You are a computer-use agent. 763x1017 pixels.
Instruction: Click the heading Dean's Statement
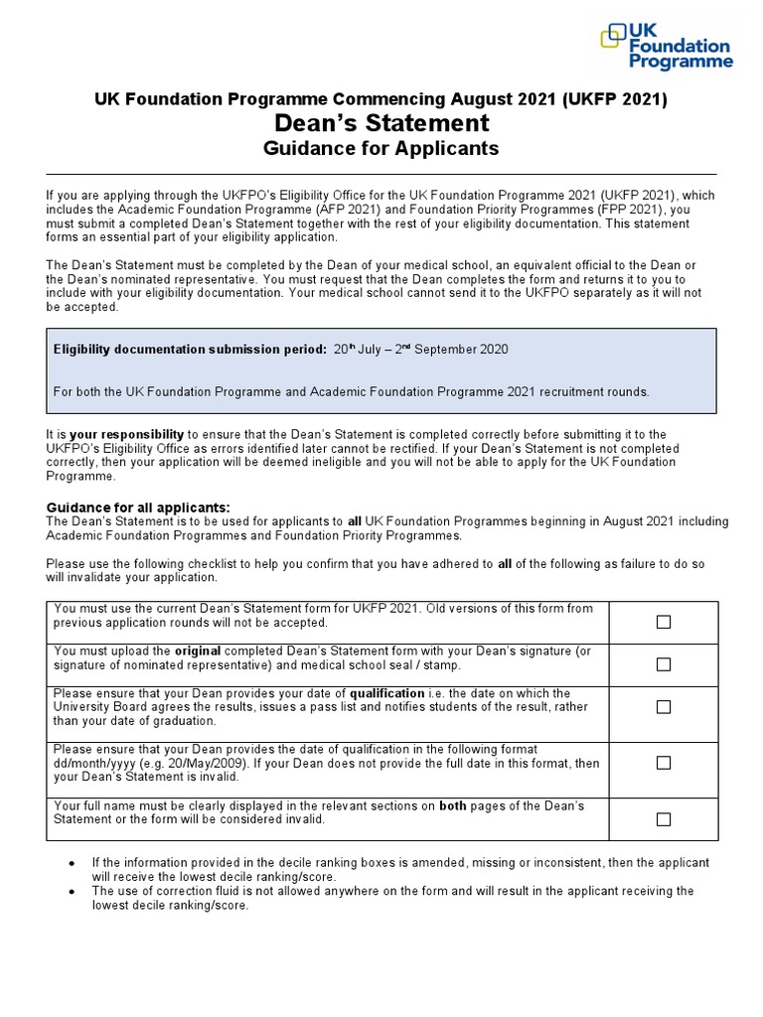coord(381,123)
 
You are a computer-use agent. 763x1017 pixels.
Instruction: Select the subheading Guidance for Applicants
coord(381,149)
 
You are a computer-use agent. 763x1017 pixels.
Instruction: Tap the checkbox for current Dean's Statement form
coord(663,622)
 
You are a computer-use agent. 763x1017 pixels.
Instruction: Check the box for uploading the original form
coord(663,664)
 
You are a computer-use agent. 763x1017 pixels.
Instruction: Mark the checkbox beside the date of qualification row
coord(663,707)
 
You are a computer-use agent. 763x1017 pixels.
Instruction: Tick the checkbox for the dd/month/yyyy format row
coord(663,763)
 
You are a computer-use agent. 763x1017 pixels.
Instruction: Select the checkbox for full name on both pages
coord(663,819)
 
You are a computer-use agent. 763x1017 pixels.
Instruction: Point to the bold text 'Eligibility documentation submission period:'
coord(188,350)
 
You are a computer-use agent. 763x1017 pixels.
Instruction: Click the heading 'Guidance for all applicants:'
coord(138,508)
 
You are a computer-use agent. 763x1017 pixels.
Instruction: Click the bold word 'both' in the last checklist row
coord(453,805)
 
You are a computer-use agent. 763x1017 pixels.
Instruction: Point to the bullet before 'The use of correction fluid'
coord(72,892)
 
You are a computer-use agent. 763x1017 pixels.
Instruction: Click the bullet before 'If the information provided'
coord(72,863)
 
